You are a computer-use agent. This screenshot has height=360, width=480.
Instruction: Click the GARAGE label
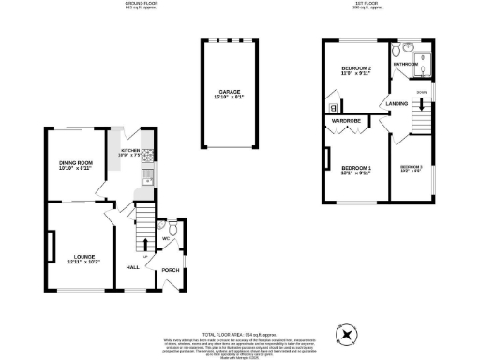224,92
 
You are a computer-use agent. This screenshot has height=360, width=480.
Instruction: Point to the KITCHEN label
129,149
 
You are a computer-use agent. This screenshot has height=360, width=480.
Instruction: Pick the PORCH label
171,270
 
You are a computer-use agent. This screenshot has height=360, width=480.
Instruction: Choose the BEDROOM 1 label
356,170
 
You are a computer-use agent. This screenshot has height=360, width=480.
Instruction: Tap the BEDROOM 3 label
412,168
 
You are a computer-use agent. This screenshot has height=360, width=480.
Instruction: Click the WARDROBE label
347,120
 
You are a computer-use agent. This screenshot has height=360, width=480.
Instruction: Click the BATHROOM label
405,64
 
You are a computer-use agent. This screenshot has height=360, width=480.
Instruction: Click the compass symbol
349,332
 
